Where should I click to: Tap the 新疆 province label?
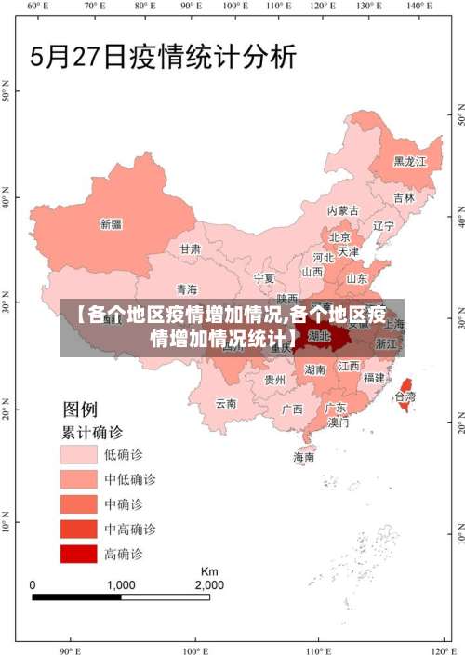click(x=111, y=223)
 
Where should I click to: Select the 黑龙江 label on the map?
click(x=409, y=161)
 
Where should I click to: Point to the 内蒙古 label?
click(x=342, y=211)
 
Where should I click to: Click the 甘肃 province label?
click(x=190, y=248)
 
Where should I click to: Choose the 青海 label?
click(x=186, y=289)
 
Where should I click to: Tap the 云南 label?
click(x=226, y=404)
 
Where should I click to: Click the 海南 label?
click(x=304, y=457)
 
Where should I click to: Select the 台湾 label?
click(x=405, y=396)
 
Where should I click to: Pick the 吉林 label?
click(x=404, y=197)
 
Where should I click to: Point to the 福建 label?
click(x=374, y=378)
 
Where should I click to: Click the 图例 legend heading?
click(x=79, y=409)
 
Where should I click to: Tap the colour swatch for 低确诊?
click(x=79, y=454)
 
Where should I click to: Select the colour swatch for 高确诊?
click(x=79, y=554)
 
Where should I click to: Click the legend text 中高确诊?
click(x=129, y=529)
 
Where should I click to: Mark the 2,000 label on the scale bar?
click(x=208, y=585)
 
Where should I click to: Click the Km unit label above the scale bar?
click(x=209, y=570)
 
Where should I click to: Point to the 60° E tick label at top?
click(x=36, y=7)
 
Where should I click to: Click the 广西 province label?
click(x=292, y=409)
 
